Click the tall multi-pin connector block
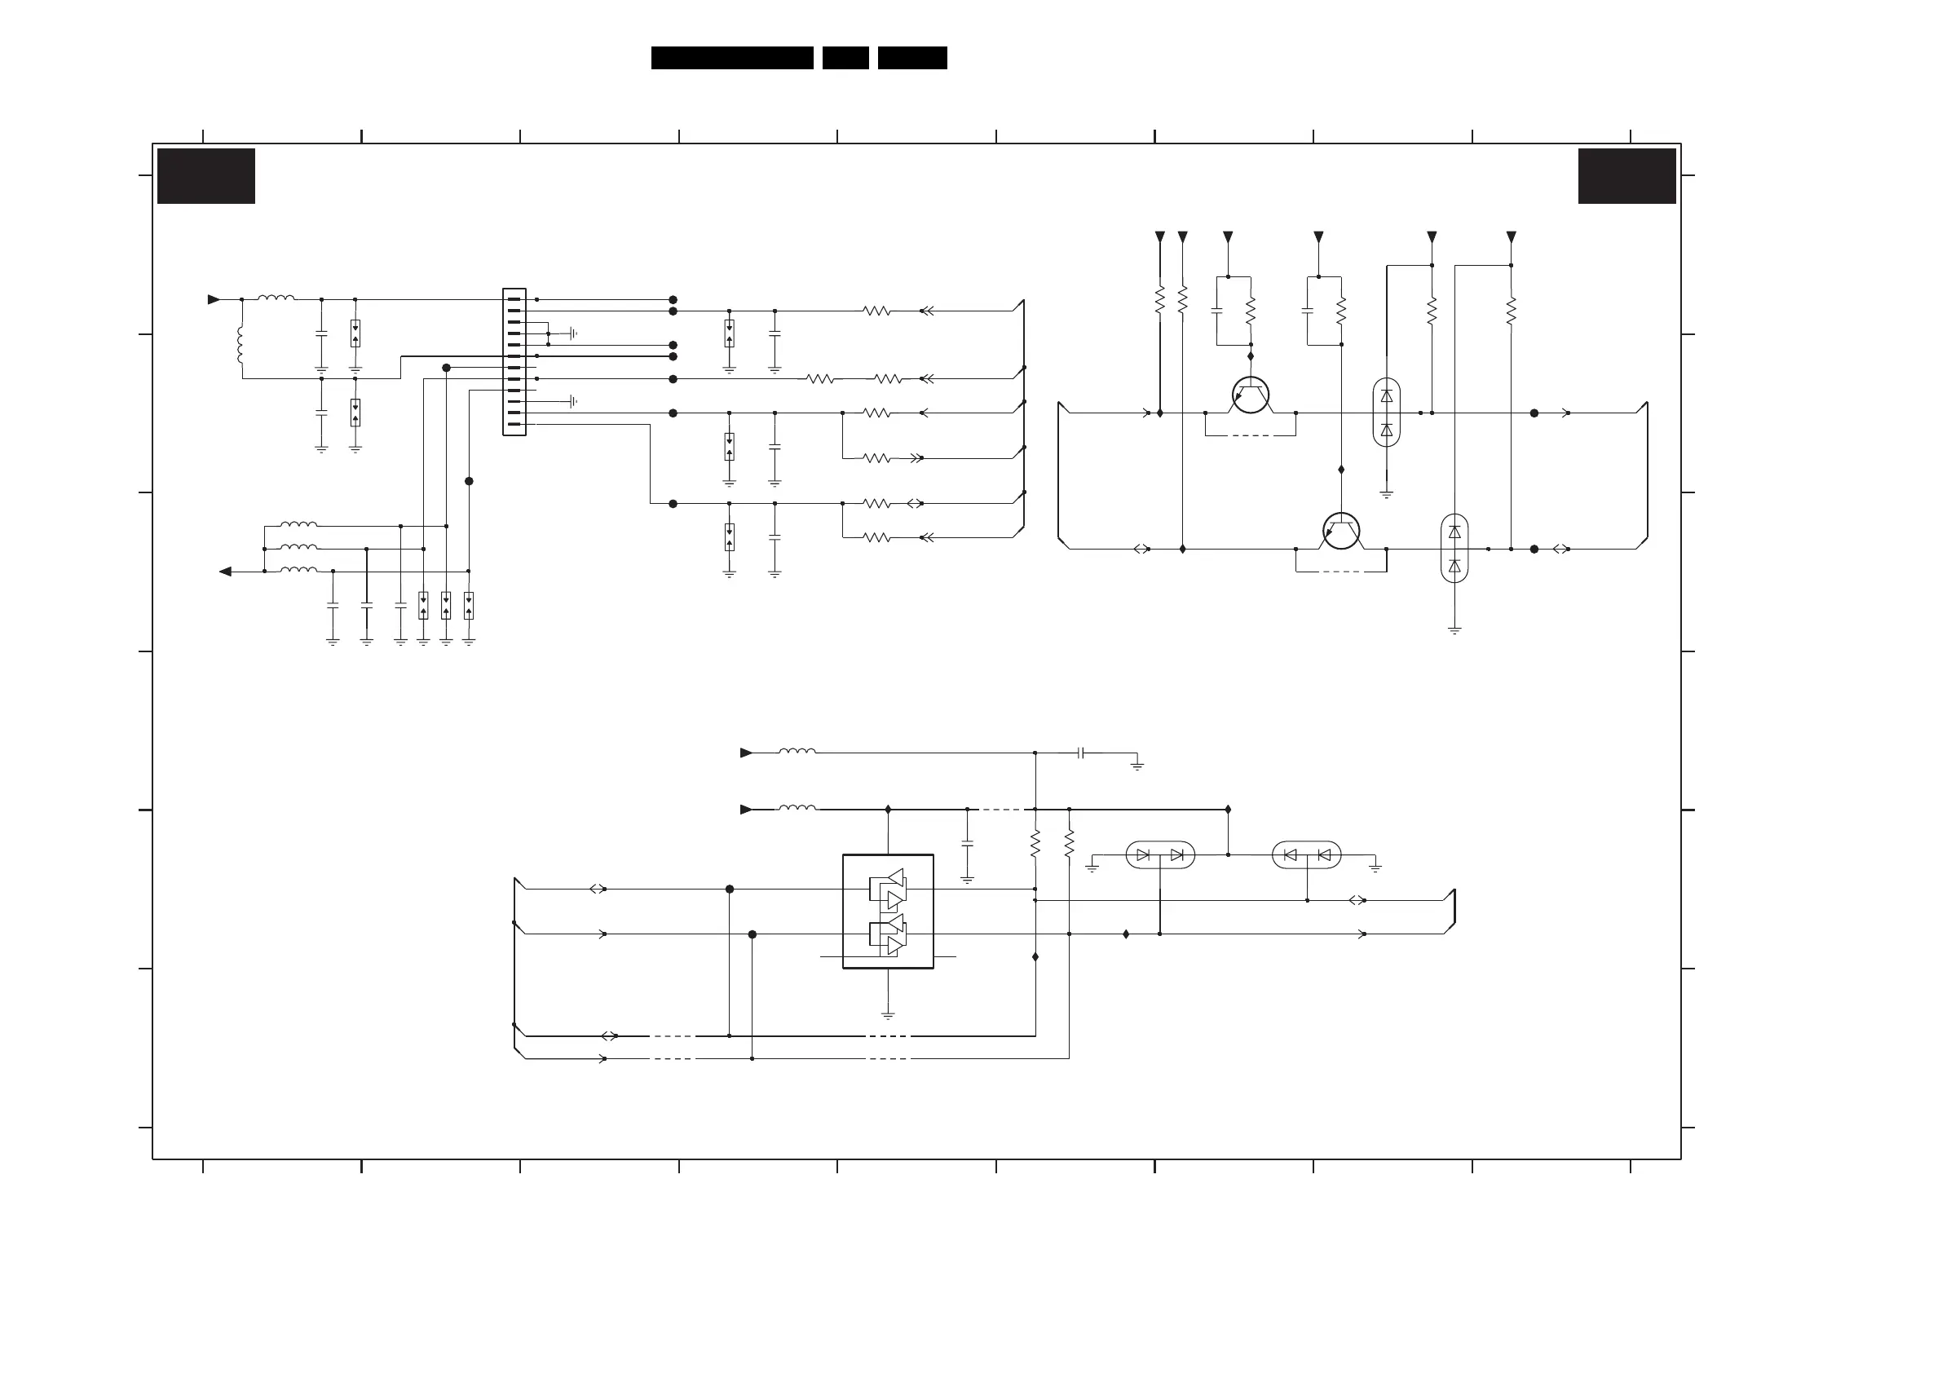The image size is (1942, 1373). click(514, 362)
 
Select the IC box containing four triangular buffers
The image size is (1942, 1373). click(888, 911)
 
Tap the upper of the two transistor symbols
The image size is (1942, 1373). click(1250, 395)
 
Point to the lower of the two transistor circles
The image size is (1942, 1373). click(1340, 532)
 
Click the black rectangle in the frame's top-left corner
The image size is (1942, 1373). click(206, 176)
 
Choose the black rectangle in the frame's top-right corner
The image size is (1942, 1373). click(1626, 176)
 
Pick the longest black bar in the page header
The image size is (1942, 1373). click(731, 58)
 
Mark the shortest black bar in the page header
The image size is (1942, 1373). click(845, 58)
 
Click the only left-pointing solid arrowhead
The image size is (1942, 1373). click(225, 572)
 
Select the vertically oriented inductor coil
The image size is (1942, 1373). click(241, 345)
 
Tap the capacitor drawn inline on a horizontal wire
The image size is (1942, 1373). click(1081, 753)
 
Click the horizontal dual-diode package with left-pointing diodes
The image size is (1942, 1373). click(1306, 855)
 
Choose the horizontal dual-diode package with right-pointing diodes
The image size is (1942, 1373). click(1159, 855)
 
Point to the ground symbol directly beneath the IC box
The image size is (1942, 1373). click(888, 1014)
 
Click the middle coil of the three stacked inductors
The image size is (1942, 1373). click(298, 547)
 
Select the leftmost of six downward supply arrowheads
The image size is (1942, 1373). click(1159, 237)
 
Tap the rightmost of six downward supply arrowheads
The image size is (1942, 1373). click(1511, 237)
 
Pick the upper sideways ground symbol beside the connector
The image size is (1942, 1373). click(573, 333)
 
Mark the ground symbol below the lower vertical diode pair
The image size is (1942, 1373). click(1454, 630)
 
